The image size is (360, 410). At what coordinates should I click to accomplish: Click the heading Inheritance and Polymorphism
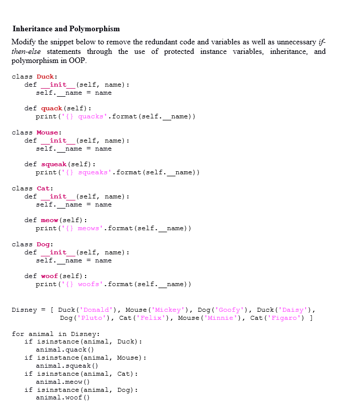(x=66, y=29)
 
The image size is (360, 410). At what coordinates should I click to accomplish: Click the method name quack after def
(x=51, y=108)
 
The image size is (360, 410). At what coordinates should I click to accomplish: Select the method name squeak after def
(x=53, y=164)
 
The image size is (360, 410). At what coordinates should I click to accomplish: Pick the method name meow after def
(x=49, y=220)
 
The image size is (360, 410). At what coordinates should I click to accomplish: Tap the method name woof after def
(x=49, y=276)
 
